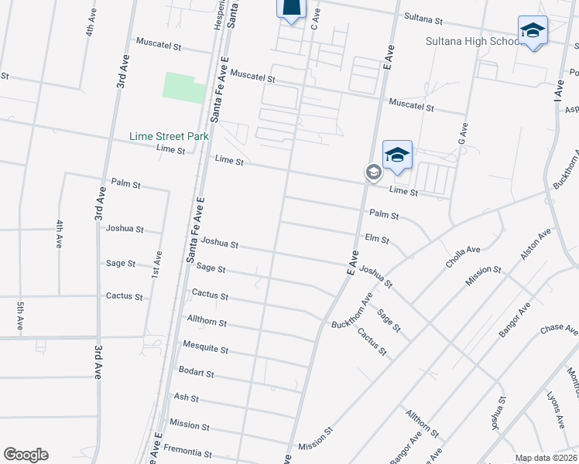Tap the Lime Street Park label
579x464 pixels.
pos(170,136)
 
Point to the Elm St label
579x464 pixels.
pos(376,239)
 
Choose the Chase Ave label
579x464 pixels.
pos(559,330)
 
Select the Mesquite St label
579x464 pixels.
pos(205,349)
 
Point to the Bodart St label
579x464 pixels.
pos(196,373)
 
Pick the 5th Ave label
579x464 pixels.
pos(20,315)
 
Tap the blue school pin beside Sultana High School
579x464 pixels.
pos(533,31)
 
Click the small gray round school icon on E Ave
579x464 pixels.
pos(373,172)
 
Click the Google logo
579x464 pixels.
pos(26,455)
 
